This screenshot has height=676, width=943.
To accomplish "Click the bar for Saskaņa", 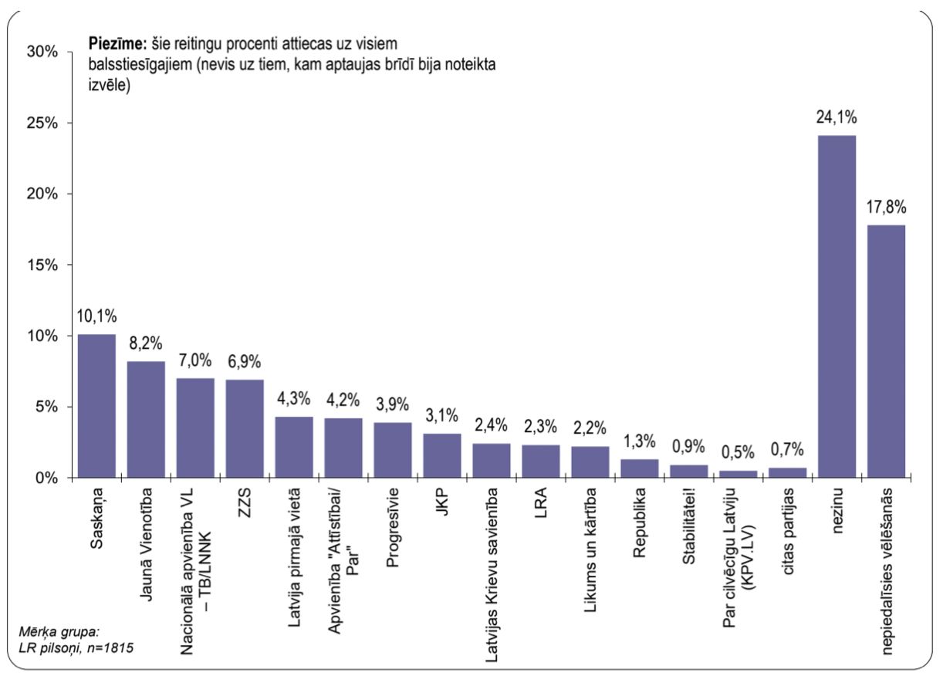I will coord(96,406).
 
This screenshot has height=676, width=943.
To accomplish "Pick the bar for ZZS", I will coord(245,428).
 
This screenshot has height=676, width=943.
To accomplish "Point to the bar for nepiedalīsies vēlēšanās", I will coord(886,351).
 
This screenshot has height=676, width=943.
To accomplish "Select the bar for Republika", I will coord(640,468).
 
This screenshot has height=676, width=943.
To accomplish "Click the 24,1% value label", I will coord(837,117).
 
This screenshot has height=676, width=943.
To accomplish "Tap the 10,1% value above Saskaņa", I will coord(96,316).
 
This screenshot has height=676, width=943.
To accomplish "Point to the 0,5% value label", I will coord(738,452).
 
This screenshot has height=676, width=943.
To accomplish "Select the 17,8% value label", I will coord(886,207).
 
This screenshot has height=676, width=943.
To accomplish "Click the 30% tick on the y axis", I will coord(42,52).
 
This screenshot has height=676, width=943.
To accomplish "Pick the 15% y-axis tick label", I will coord(42,265).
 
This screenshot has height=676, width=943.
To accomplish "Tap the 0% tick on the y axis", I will coord(47,478).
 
